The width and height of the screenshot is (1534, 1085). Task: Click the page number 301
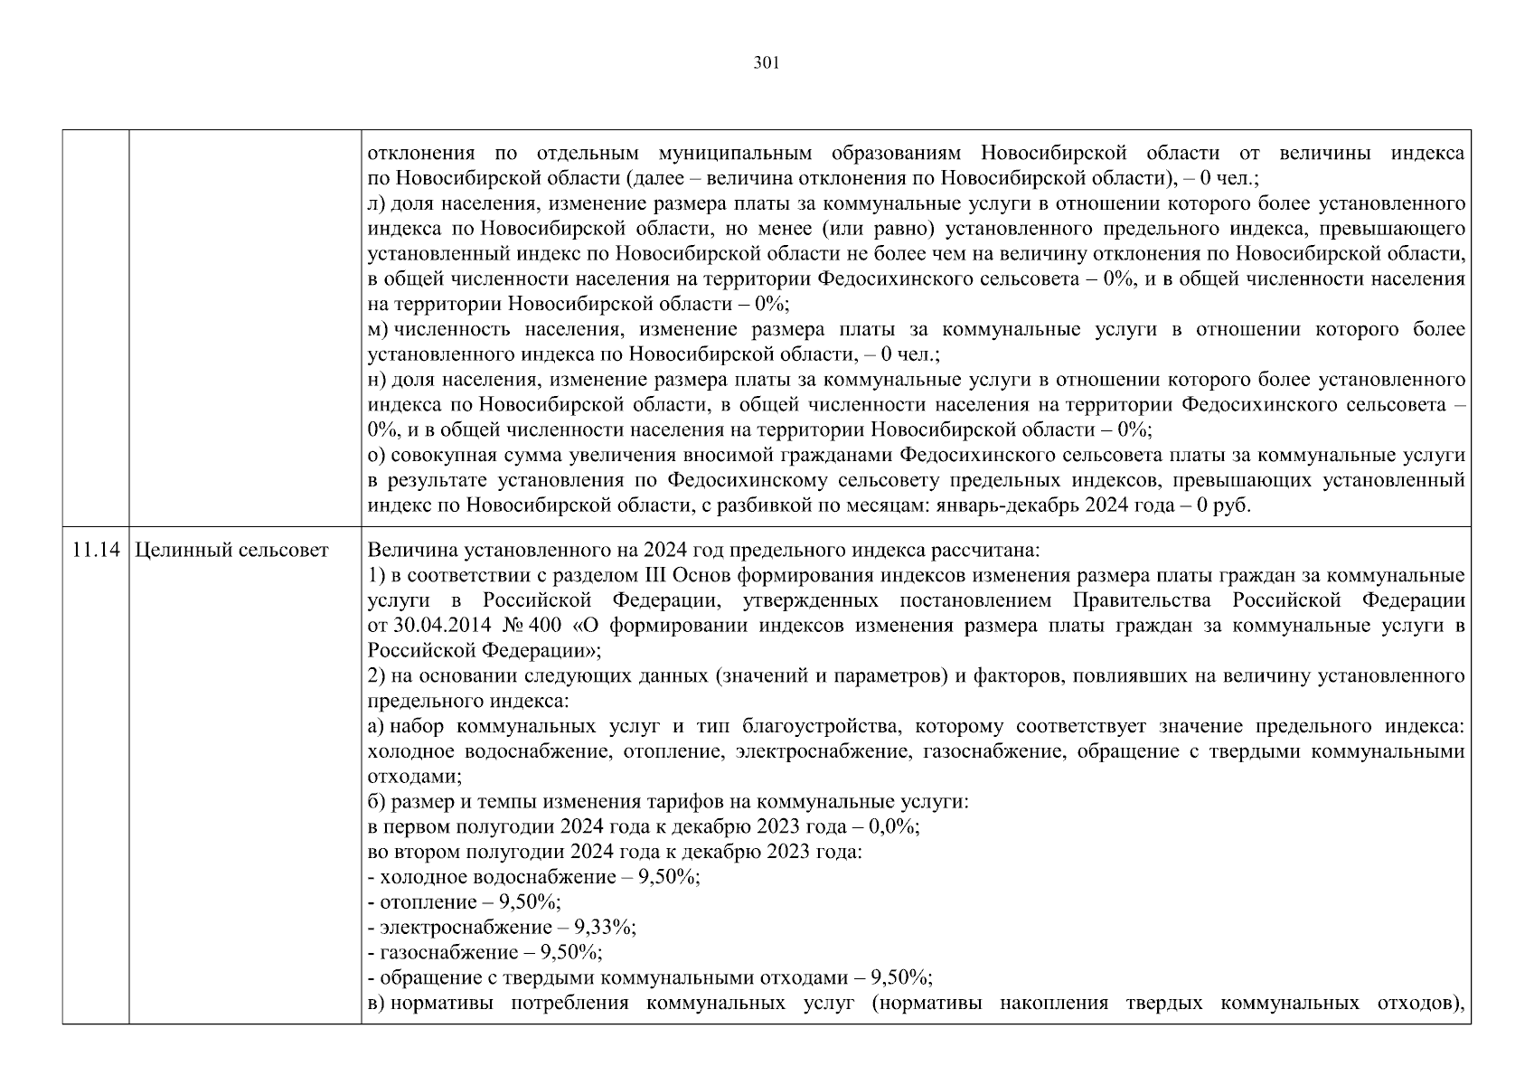coord(766,63)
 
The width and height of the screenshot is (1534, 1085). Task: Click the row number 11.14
coord(96,551)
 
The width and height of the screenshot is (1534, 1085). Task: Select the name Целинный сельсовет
coord(231,551)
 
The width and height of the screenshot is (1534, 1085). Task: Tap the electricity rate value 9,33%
coord(610,928)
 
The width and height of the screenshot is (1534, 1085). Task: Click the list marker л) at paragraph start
coord(377,204)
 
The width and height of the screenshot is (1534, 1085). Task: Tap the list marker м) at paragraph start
coord(378,330)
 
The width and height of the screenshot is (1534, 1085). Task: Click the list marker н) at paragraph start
coord(377,380)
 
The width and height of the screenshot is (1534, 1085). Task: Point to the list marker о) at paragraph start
coord(377,456)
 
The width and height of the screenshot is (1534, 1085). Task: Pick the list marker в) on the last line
coord(377,1004)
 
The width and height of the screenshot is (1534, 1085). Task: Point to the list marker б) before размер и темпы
coord(377,802)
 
